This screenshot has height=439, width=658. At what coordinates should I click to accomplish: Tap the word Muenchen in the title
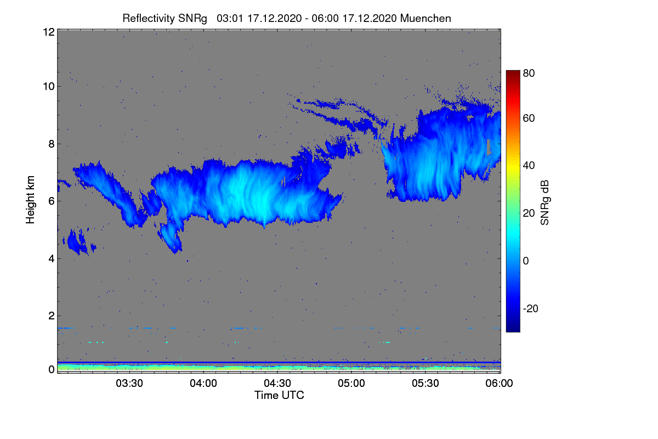click(426, 19)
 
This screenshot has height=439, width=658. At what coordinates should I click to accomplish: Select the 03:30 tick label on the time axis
click(129, 384)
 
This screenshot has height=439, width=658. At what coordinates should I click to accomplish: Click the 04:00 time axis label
click(203, 384)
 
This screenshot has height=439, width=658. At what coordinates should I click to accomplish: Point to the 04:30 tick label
click(277, 384)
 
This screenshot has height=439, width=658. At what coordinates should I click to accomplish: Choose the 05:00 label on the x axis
click(351, 384)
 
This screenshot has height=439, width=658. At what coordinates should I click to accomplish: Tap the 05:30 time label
click(426, 384)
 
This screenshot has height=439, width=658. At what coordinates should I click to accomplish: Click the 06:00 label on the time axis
click(499, 384)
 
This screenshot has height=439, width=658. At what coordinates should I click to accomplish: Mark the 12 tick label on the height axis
click(49, 32)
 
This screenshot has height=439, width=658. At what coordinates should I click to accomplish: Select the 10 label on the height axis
click(49, 87)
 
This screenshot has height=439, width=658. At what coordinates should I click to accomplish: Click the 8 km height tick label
click(52, 144)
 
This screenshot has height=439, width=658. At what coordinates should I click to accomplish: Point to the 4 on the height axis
click(52, 259)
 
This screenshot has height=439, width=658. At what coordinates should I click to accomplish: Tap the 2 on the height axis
click(52, 316)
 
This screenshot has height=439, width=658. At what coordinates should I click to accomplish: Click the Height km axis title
click(30, 200)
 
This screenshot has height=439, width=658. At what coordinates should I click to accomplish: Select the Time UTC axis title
click(279, 396)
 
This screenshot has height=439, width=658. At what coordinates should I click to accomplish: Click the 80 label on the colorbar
click(529, 73)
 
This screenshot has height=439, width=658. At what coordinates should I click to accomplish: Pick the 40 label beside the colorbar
click(529, 166)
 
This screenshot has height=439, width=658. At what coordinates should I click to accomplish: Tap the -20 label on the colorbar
click(531, 308)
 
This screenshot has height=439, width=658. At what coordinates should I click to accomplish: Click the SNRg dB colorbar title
click(544, 203)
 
